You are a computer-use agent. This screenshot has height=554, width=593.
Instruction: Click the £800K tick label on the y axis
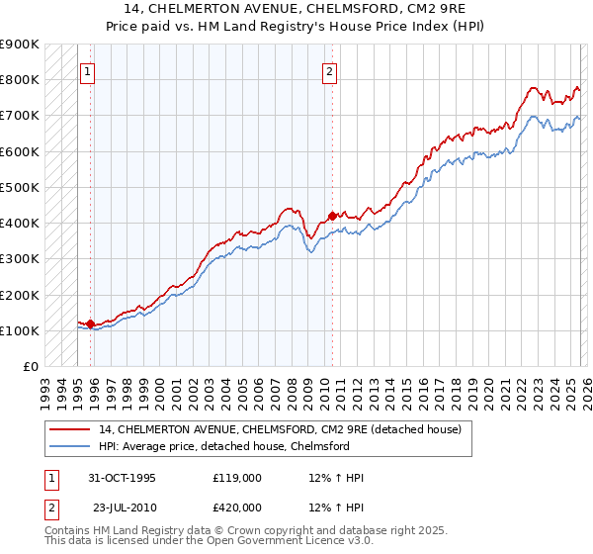pyautogui.click(x=20, y=80)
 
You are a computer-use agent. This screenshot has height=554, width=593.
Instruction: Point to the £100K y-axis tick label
pyautogui.click(x=20, y=330)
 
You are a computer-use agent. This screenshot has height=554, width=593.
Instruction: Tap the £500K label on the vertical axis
pyautogui.click(x=20, y=187)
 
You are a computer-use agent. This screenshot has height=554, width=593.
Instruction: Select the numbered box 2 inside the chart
pyautogui.click(x=329, y=71)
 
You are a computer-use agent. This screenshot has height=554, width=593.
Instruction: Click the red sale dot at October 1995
pyautogui.click(x=91, y=323)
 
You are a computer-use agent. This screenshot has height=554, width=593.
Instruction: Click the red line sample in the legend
pyautogui.click(x=71, y=429)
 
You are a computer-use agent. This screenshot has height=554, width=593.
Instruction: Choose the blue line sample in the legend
pyautogui.click(x=71, y=446)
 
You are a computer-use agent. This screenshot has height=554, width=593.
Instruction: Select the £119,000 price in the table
pyautogui.click(x=236, y=479)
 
